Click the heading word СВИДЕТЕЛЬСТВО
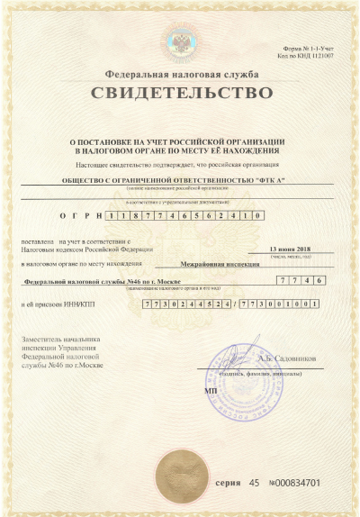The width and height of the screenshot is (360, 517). coord(179,93)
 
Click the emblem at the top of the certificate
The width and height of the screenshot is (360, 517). coord(179,41)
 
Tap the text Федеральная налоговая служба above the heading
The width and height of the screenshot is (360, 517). coord(179,73)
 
